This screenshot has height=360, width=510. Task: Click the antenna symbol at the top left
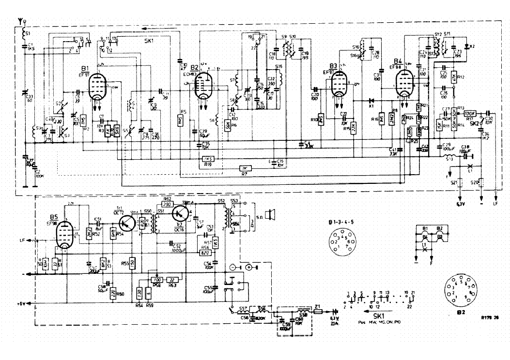point(22,19)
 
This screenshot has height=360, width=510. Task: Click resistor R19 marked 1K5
point(208,159)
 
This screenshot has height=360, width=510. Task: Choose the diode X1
point(359,101)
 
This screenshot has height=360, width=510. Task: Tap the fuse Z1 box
point(318,312)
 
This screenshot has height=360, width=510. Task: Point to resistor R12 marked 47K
point(454,77)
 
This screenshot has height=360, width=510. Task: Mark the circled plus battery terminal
point(249,267)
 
